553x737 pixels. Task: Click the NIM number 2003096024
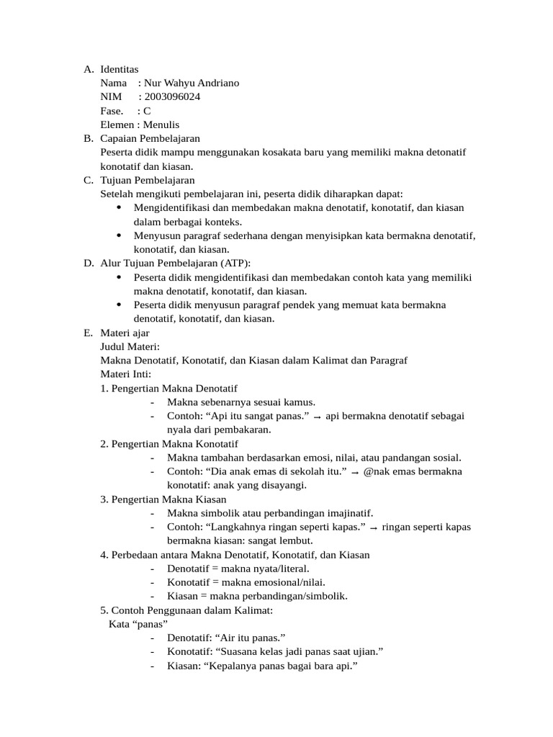tap(173, 96)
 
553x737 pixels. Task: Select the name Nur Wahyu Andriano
tap(192, 83)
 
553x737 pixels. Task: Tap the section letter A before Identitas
tap(88, 69)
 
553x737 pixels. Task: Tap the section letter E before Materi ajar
tap(88, 333)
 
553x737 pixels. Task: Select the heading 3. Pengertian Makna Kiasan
tap(163, 499)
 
